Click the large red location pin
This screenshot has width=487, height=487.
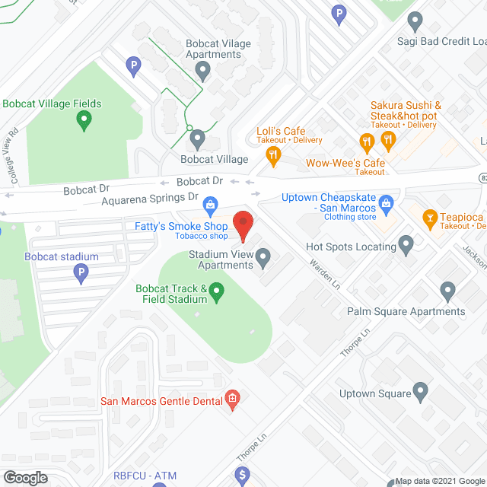(243, 225)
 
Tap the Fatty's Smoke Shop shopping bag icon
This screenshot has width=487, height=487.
(212, 203)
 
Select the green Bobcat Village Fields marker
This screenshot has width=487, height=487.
(85, 119)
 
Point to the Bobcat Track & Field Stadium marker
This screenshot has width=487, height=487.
(217, 291)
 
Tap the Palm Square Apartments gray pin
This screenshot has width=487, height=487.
(447, 291)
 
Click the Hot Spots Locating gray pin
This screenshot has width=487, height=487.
(406, 245)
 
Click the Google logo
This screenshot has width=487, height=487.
(25, 477)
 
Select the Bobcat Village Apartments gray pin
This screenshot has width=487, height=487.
(202, 72)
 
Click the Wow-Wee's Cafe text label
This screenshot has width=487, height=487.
(345, 163)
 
